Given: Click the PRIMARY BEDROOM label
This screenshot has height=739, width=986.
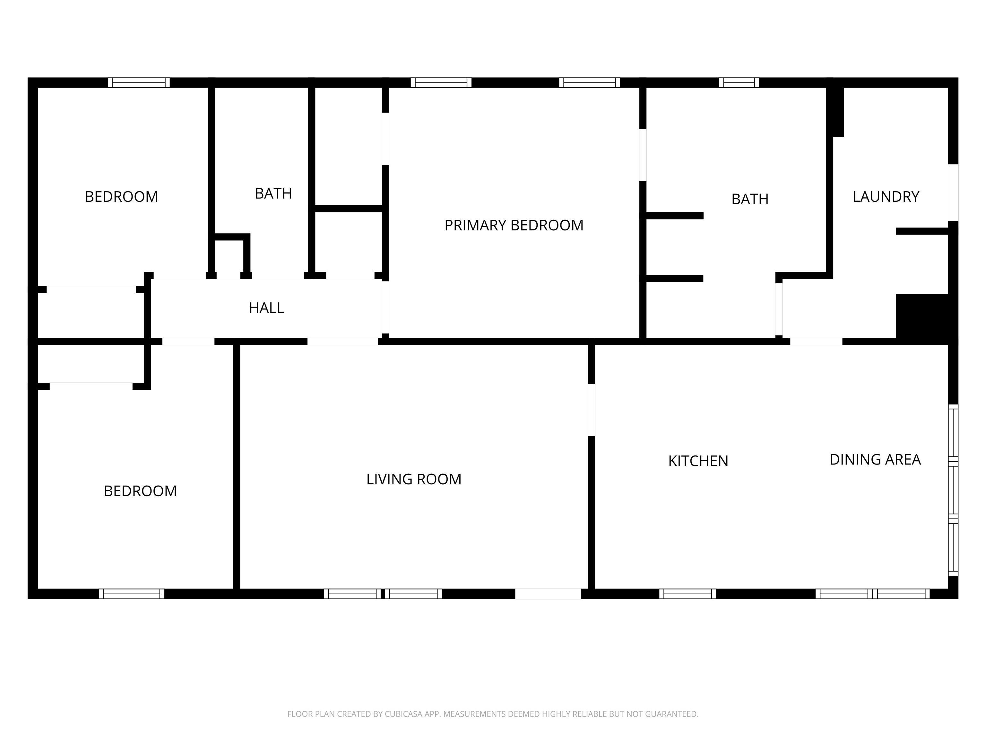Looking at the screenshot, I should (514, 225).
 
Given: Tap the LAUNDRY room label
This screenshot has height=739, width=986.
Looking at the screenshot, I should (886, 197).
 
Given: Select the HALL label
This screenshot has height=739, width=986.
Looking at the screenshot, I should (266, 308).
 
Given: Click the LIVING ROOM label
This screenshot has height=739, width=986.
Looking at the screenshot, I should (414, 479).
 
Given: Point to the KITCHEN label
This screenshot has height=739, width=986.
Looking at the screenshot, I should (698, 461).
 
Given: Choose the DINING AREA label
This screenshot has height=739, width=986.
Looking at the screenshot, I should (875, 460).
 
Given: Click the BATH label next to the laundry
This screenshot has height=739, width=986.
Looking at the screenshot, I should (750, 199).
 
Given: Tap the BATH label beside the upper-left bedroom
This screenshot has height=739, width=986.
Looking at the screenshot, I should (273, 194).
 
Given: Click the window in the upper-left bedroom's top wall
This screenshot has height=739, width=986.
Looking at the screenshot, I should (139, 83).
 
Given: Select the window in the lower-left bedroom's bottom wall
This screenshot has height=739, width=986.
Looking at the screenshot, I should (132, 594).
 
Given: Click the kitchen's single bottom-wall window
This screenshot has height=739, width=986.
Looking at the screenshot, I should (688, 594).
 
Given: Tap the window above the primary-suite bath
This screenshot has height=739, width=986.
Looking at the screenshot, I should (739, 83).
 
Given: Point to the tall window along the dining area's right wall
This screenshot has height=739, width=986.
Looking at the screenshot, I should (953, 490).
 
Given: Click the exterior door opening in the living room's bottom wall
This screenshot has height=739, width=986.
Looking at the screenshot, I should (548, 594).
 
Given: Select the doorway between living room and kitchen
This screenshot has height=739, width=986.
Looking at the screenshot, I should (591, 410).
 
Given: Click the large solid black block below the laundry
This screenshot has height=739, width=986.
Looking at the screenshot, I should (925, 319).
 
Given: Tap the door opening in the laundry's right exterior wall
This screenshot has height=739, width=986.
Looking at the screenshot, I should (953, 192).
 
